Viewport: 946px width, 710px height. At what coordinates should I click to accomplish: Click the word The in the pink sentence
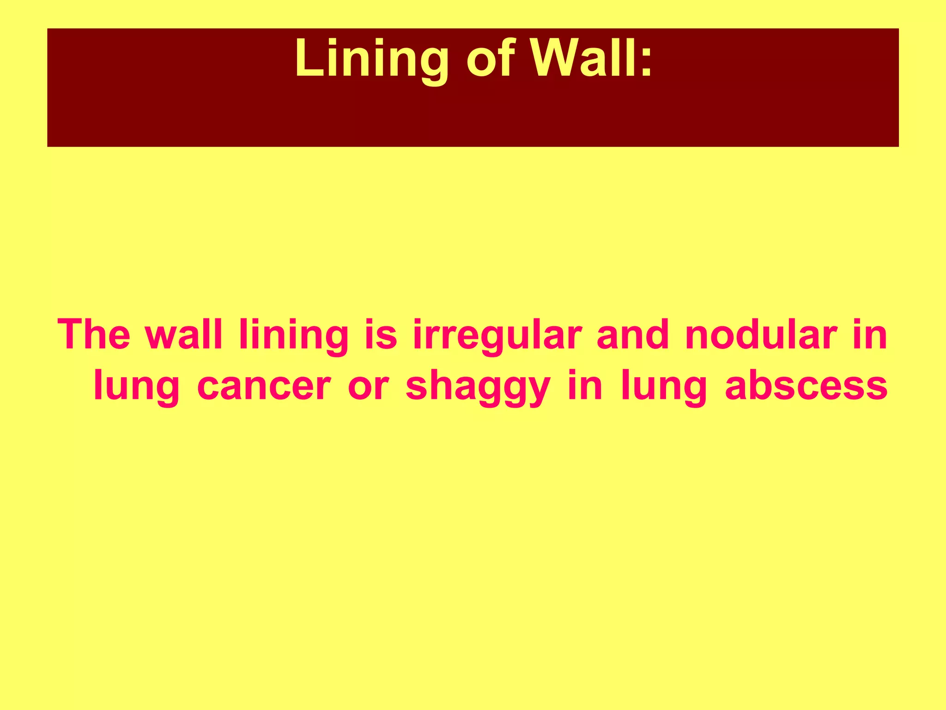pos(94,335)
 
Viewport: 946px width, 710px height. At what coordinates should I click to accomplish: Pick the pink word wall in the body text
pos(184,335)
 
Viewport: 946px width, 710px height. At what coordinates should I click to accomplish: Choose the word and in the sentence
pos(633,335)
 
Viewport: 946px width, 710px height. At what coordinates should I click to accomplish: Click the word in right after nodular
pos(869,335)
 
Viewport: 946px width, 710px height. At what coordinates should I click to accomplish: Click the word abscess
pos(806,386)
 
